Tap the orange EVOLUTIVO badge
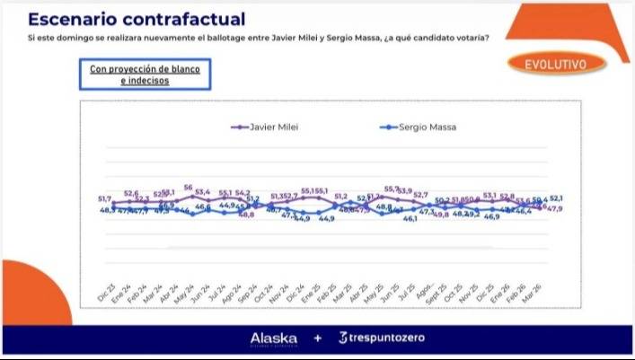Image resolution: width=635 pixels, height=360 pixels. (550, 65)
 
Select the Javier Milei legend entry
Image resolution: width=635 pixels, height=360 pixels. (271, 127)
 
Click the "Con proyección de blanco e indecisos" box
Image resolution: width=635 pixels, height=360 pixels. (144, 75)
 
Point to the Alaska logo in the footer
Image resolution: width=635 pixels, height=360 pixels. (273, 338)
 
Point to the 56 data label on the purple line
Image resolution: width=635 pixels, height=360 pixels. (189, 188)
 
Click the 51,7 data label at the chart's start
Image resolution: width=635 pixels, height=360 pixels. (105, 198)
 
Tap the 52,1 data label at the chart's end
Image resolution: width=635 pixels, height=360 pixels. (557, 198)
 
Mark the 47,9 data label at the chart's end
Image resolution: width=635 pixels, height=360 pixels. (555, 209)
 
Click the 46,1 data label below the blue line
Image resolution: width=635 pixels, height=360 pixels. (410, 218)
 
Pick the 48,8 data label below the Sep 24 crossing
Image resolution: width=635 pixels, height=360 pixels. (245, 215)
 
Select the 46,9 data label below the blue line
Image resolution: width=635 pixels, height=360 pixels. (492, 217)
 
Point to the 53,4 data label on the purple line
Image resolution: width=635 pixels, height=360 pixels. (203, 192)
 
